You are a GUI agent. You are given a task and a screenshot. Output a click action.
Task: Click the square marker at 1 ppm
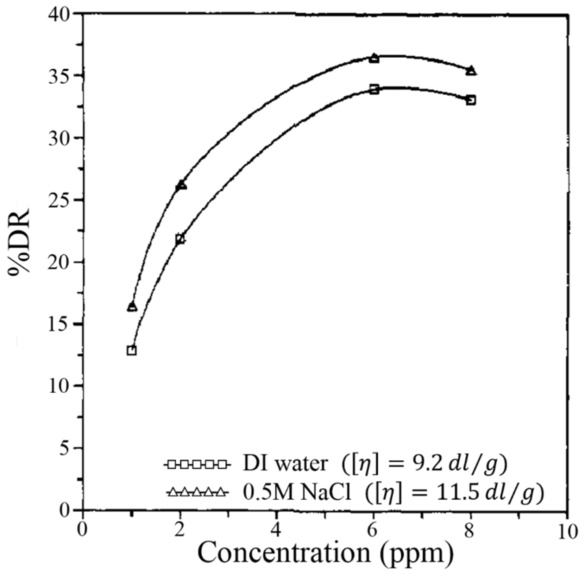[132, 350]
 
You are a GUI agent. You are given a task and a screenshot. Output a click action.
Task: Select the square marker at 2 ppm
[180, 239]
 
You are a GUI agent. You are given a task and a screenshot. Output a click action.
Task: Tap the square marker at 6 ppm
[374, 89]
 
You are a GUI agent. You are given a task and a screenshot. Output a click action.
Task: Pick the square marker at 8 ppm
[471, 100]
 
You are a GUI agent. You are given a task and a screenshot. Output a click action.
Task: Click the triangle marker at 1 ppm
[132, 307]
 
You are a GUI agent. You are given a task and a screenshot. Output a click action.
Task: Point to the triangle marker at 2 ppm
[181, 185]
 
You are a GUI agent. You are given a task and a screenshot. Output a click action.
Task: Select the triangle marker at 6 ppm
[374, 58]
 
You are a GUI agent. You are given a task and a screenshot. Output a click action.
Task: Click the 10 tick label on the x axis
[567, 531]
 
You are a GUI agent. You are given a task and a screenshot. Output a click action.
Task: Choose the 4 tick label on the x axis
[277, 531]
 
